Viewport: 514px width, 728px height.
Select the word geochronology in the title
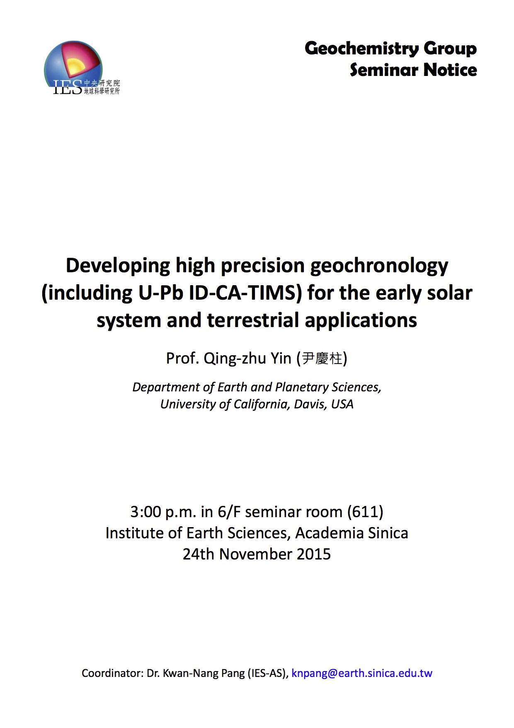379,266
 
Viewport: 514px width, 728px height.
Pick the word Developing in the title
118,266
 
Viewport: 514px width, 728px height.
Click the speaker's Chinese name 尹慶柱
322,358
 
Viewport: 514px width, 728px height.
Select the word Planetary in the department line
302,387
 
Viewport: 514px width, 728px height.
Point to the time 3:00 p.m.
163,512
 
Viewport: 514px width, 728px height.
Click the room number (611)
365,512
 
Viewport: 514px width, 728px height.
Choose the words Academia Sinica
352,533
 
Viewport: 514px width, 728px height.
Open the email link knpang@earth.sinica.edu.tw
362,673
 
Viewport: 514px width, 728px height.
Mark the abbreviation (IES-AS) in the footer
267,673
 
